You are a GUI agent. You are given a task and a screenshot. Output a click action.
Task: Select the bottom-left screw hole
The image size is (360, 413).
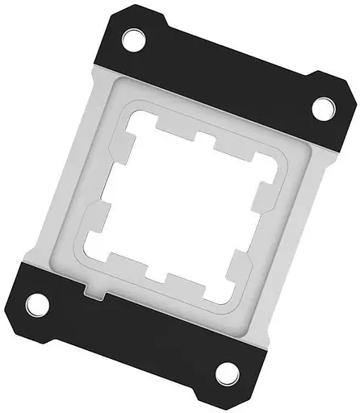click(36, 305)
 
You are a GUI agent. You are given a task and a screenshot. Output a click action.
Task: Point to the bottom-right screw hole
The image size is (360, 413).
click(228, 373)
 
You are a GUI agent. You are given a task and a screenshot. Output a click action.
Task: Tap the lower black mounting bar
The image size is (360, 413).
click(129, 339)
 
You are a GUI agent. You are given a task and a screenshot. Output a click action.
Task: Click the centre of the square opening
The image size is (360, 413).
click(179, 206)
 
